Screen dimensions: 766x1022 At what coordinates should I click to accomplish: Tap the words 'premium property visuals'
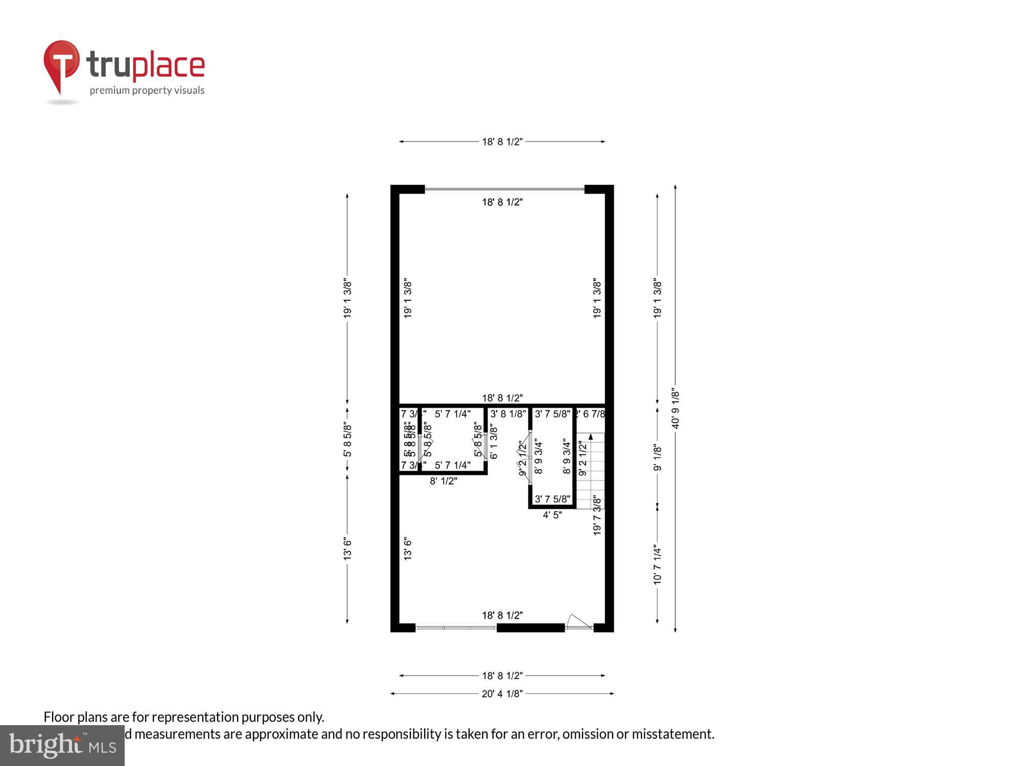pyautogui.click(x=147, y=90)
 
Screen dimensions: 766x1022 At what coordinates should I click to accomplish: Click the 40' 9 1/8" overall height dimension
pyautogui.click(x=676, y=409)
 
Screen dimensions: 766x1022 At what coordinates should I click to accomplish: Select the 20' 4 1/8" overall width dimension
pyautogui.click(x=502, y=693)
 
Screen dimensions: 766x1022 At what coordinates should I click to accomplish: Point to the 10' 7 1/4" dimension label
pyautogui.click(x=657, y=565)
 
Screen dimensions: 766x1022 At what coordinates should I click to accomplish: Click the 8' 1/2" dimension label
pyautogui.click(x=443, y=481)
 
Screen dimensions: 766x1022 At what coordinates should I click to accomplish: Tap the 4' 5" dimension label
pyautogui.click(x=552, y=515)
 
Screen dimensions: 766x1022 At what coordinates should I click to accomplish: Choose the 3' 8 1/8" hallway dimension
pyautogui.click(x=508, y=414)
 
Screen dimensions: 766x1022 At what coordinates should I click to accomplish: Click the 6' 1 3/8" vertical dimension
pyautogui.click(x=494, y=441)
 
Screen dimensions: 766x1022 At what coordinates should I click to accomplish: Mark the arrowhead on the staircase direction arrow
pyautogui.click(x=591, y=436)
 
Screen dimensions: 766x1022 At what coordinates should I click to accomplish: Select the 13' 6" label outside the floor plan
pyautogui.click(x=347, y=549)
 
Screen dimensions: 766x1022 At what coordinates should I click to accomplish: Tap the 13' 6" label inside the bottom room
pyautogui.click(x=408, y=549)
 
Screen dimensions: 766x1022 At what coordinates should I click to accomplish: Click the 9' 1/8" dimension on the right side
pyautogui.click(x=657, y=458)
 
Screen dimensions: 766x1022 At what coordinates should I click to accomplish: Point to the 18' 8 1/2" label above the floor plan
pyautogui.click(x=502, y=141)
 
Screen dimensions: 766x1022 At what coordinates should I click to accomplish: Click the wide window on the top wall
pyautogui.click(x=504, y=189)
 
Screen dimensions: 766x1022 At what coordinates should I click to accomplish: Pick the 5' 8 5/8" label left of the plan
pyautogui.click(x=347, y=439)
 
